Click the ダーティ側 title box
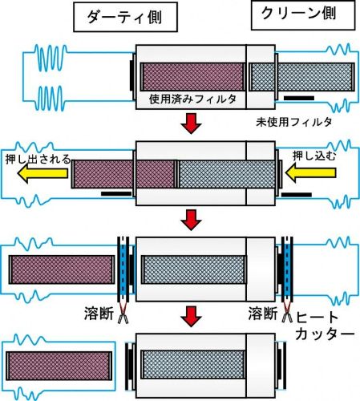125,17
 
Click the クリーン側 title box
303,15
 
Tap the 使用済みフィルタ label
192,99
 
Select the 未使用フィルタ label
293,122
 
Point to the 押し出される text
38,159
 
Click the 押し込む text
314,156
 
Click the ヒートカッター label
324,326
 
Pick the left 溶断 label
99,314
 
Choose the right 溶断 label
263,314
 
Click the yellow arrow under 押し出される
42,173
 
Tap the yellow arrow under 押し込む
310,173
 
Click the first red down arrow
191,124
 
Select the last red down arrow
191,317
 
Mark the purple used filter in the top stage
192,77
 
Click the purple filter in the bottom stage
59,366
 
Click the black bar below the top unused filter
299,98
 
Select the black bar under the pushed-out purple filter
116,193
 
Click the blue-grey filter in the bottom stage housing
193,365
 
